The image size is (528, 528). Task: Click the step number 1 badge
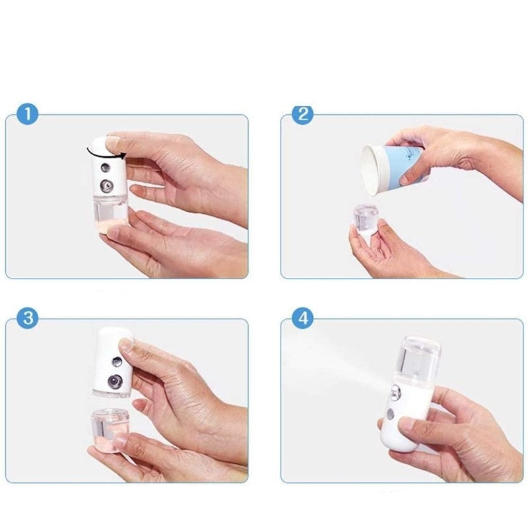(x=27, y=114)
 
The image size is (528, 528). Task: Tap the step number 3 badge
(x=27, y=318)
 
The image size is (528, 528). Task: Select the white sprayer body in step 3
(x=112, y=360)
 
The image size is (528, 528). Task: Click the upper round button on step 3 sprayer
(x=115, y=360)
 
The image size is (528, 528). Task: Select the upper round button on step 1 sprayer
(x=105, y=166)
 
